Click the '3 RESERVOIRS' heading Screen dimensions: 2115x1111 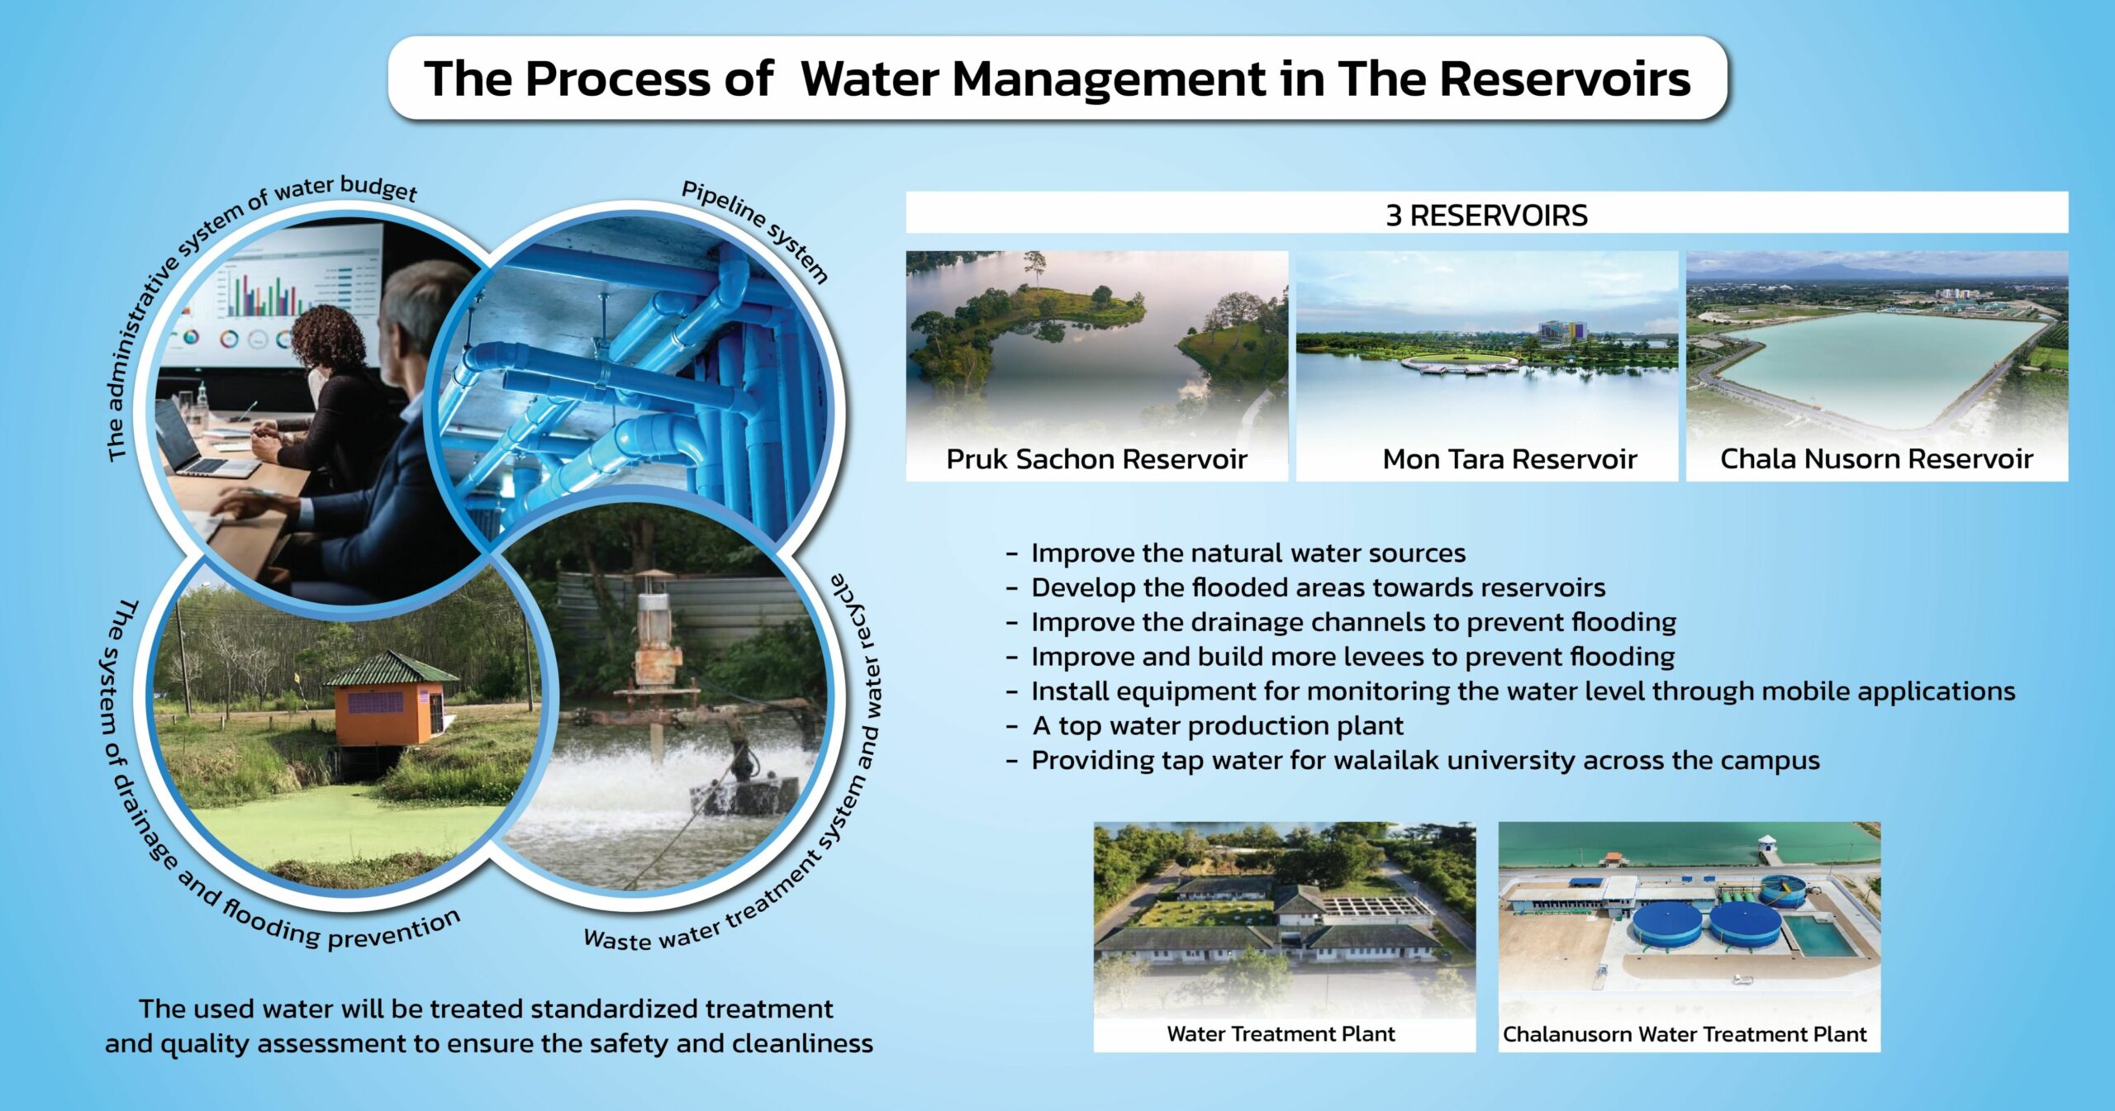tap(1486, 216)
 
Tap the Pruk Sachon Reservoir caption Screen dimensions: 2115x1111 tap(1096, 459)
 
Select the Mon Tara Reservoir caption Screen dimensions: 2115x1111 tap(1509, 459)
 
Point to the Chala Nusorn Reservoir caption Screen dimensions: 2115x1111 tap(1876, 459)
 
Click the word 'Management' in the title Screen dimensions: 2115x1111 tap(1033, 79)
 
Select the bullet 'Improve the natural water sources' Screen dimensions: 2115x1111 tap(1248, 553)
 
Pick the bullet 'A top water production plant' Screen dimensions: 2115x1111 tap(1217, 726)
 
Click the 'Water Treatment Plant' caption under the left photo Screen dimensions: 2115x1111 tap(1281, 1034)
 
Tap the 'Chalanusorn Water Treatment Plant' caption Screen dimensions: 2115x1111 tap(1685, 1035)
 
